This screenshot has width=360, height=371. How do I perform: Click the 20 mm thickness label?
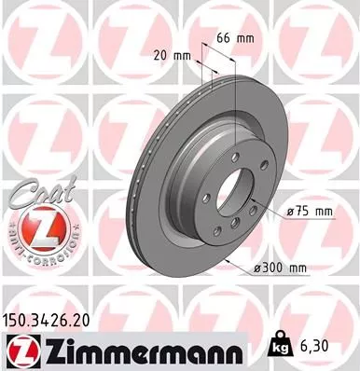pos(175,55)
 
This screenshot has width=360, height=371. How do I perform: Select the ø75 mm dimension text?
pos(310,213)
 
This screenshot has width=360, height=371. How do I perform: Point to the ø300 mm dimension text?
pos(280,269)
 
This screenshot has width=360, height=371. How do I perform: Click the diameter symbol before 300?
pos(256,269)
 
